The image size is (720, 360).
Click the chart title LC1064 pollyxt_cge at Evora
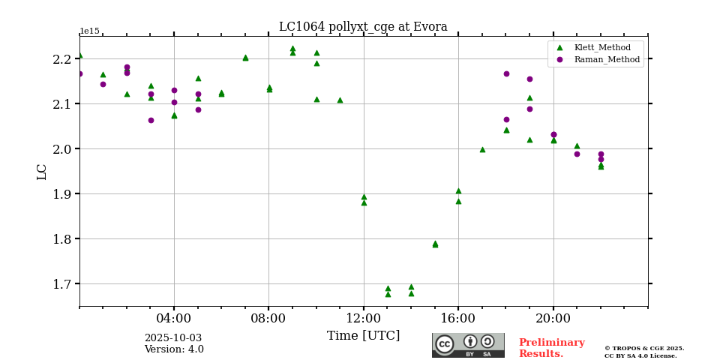point(363,27)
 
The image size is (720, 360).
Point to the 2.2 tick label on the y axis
point(63,59)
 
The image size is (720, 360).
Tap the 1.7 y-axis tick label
point(63,284)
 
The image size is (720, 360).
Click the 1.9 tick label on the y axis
point(63,194)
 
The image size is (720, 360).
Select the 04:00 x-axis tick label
point(174,317)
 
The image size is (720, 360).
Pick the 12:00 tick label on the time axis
point(364,317)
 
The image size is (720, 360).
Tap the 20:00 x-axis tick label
point(553,317)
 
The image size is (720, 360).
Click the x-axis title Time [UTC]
point(363,336)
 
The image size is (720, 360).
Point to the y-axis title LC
point(42,172)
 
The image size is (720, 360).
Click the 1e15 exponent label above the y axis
point(89,31)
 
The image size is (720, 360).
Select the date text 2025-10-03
point(173,338)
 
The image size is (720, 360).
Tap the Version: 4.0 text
point(174,349)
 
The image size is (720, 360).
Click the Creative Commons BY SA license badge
point(468,345)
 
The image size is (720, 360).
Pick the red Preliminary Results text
point(551,348)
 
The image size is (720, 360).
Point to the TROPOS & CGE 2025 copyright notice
point(644,349)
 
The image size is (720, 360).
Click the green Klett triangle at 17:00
point(482,149)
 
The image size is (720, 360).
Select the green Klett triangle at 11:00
point(340,100)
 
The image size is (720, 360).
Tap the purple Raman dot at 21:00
point(577,154)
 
